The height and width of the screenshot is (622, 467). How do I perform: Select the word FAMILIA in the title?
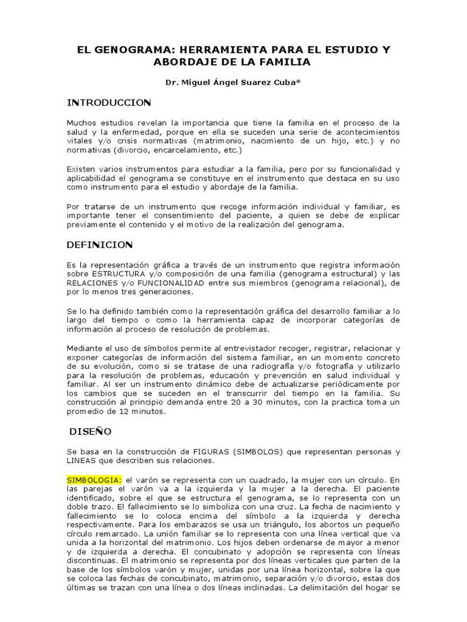click(x=286, y=62)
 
